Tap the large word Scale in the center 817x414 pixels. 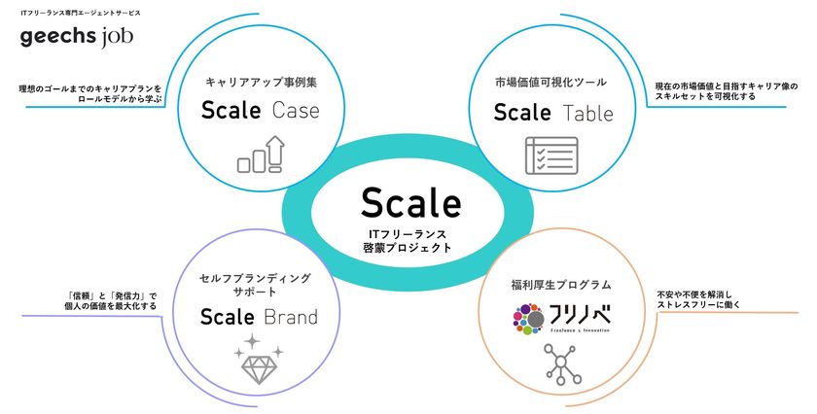click(410, 202)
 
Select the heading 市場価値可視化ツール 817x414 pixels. click(551, 83)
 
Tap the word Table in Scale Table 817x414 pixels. click(588, 113)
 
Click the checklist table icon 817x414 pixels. click(551, 155)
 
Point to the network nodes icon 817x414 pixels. click(551, 366)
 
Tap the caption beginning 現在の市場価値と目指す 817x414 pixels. click(727, 91)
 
